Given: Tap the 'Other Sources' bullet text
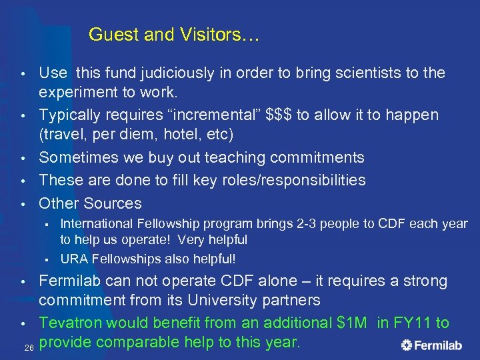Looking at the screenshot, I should [90, 203].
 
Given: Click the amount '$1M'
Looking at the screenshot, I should [351, 323].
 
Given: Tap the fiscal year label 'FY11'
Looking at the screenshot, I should [414, 323].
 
